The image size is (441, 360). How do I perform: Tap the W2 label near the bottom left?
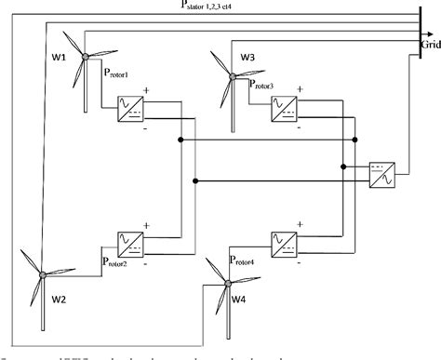(x=59, y=300)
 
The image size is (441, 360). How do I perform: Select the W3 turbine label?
(x=247, y=58)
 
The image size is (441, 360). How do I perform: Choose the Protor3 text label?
(x=271, y=86)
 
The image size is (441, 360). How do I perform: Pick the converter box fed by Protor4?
(x=284, y=245)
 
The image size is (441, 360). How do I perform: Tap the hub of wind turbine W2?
(x=42, y=274)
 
